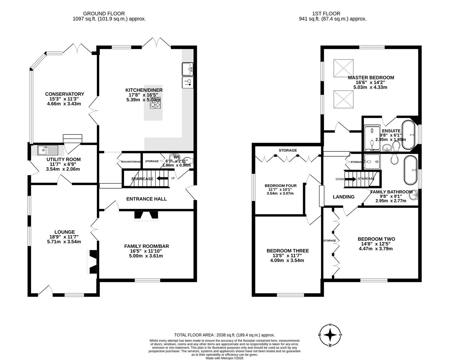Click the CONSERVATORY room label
click(65, 94)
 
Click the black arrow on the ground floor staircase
click(162, 179)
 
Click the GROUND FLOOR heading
click(104, 14)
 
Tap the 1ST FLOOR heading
click(326, 14)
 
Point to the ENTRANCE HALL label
click(147, 199)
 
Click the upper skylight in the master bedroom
click(343, 67)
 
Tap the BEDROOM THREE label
click(287, 251)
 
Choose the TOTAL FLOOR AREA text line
click(224, 335)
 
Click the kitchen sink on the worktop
click(188, 69)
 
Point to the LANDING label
click(344, 197)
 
